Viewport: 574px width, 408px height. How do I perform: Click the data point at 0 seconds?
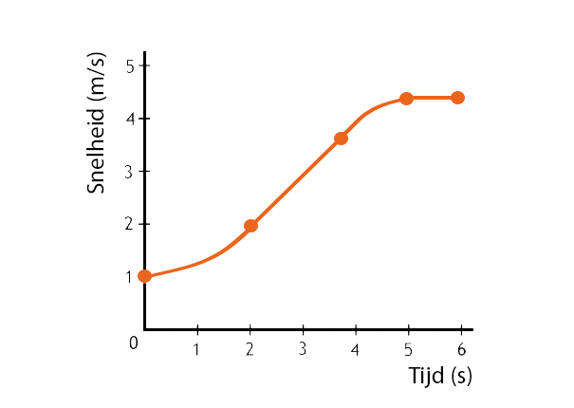point(144,276)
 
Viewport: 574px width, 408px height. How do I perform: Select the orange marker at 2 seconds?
point(250,226)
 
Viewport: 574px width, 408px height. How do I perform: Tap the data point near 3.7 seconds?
point(341,139)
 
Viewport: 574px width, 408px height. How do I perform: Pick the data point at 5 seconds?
point(406,99)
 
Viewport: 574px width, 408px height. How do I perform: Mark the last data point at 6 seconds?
point(457,98)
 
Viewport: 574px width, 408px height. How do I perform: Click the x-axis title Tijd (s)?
point(439,376)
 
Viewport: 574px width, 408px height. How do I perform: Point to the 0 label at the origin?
point(134,343)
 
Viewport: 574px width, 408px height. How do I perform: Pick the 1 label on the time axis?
point(196,349)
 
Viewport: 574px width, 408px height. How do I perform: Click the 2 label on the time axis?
point(250,349)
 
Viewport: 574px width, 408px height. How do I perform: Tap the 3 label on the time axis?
point(303,349)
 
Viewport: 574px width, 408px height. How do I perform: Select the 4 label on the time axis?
point(355,349)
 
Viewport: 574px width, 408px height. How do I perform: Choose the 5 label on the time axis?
point(408,349)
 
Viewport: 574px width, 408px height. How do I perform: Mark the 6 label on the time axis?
point(461,349)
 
